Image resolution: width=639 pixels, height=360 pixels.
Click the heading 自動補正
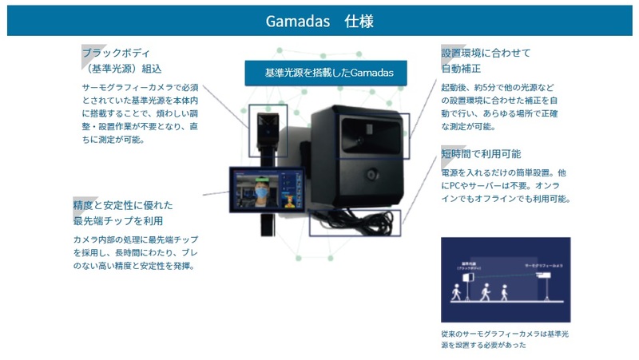pos(462,69)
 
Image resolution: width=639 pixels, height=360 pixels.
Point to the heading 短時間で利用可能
pos(481,153)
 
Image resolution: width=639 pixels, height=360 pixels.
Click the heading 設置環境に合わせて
pos(486,53)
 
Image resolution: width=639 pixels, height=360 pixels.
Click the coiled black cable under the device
pos(351,223)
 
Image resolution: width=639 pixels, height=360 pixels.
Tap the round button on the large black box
pos(370,174)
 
